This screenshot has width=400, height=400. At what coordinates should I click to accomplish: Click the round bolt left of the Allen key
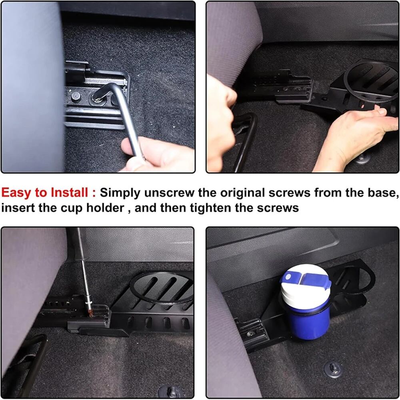[x=76, y=96]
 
